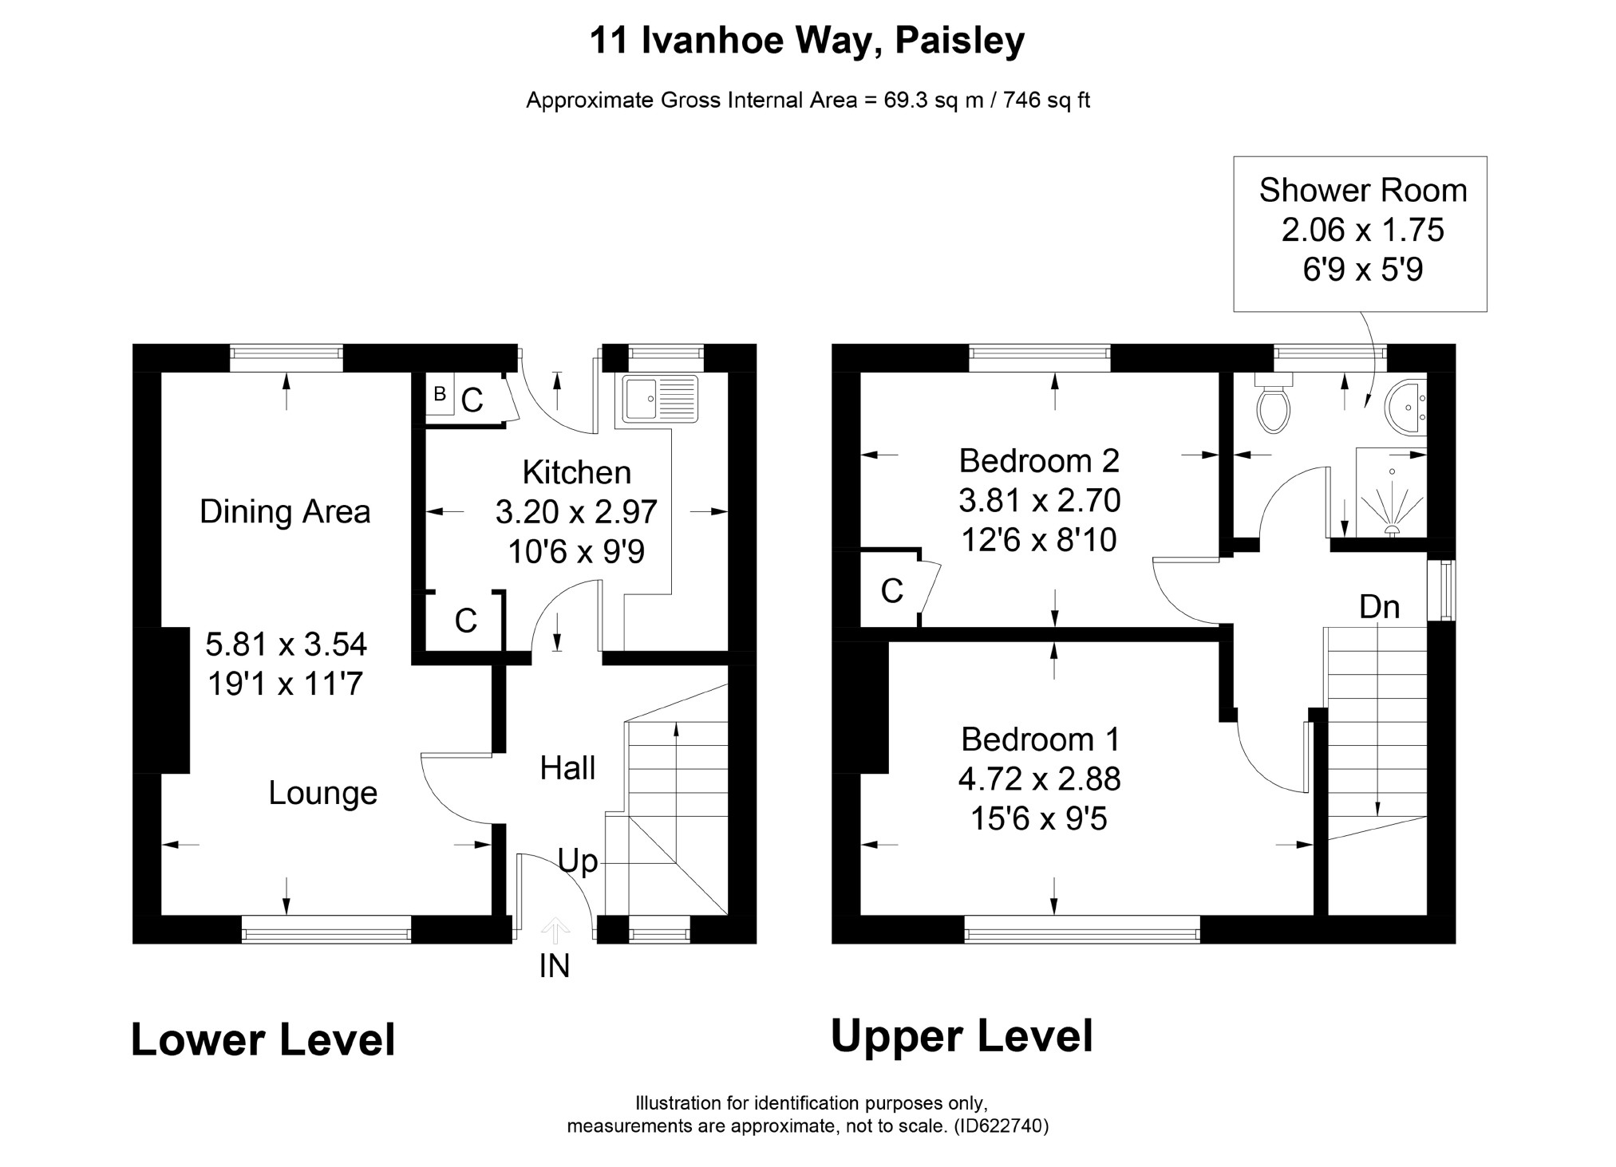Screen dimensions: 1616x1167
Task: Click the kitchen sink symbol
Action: point(660,398)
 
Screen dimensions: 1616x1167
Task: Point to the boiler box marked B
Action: point(440,394)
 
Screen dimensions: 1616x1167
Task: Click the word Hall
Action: point(567,768)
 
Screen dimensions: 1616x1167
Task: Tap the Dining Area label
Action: point(285,512)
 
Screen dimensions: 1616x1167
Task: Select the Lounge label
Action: point(322,794)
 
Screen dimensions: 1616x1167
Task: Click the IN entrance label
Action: point(555,966)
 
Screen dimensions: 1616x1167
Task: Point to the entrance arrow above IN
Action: point(555,931)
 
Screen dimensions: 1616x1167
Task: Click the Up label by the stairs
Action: point(577,861)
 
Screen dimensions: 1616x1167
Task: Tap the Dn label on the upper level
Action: point(1379,607)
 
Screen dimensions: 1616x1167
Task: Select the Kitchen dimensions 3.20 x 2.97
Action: point(576,512)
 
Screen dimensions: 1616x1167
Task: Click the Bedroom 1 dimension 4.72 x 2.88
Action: point(1039,779)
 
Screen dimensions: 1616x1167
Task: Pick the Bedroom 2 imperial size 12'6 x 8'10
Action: point(1038,541)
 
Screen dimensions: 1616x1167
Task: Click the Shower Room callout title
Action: point(1363,191)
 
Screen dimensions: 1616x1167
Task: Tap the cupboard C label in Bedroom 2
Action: point(891,591)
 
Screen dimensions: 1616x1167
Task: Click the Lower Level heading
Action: point(263,1040)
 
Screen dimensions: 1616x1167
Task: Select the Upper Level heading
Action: point(962,1037)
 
